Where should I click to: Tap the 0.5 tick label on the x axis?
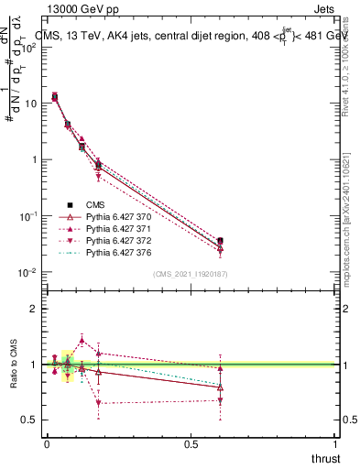point(191,444)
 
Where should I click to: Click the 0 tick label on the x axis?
point(47,444)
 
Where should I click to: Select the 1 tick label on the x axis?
point(335,444)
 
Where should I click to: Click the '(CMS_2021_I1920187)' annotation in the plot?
point(191,274)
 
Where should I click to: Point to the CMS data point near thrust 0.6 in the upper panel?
point(220,242)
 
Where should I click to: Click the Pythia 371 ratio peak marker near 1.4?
point(82,340)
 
